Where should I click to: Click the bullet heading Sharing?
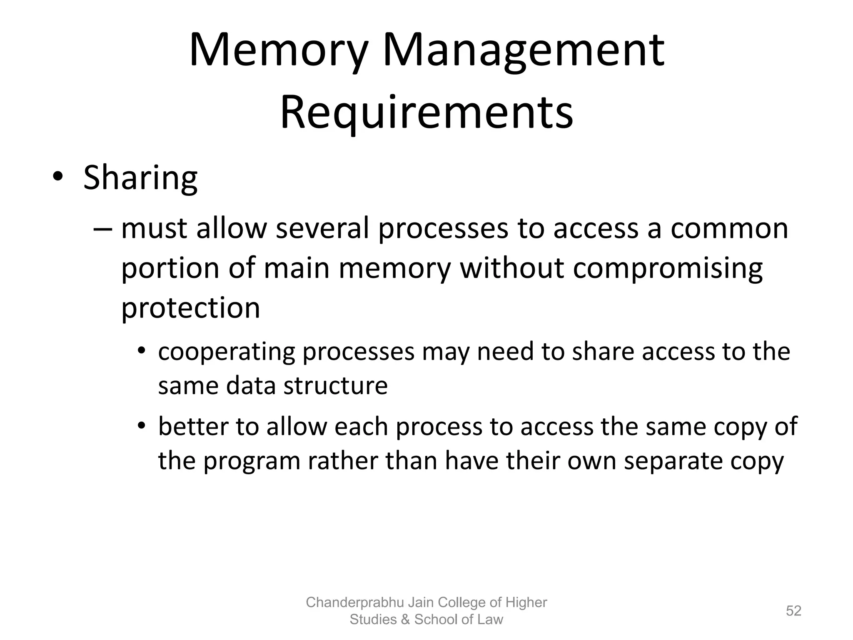[x=140, y=178]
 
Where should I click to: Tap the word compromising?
[x=668, y=269]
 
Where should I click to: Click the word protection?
[x=190, y=308]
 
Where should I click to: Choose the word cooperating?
[x=227, y=352]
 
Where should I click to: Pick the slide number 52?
[x=793, y=611]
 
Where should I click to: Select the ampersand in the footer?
[x=405, y=620]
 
